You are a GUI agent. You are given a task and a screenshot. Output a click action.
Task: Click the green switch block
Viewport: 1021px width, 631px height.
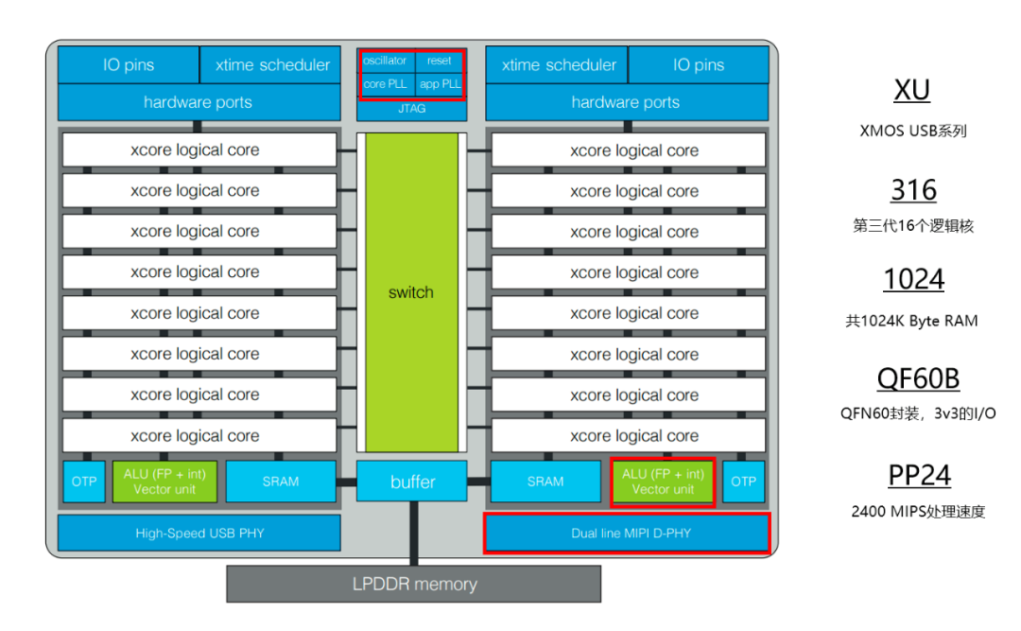(411, 292)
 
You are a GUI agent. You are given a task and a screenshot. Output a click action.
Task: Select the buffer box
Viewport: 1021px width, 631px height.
(411, 482)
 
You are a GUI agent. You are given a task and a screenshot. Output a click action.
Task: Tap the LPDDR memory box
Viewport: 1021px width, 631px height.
(413, 584)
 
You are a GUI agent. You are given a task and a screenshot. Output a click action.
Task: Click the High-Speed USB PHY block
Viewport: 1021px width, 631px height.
(199, 533)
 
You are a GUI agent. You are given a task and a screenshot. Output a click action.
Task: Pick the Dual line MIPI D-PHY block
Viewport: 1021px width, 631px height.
(627, 533)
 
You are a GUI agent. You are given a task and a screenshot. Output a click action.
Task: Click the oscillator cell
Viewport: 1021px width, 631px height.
(386, 61)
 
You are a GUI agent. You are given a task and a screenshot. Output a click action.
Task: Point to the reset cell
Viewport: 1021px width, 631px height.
(439, 61)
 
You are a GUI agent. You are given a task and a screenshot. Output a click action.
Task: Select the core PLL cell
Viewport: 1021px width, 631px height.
(386, 84)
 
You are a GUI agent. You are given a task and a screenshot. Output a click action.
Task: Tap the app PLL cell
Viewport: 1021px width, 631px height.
(440, 84)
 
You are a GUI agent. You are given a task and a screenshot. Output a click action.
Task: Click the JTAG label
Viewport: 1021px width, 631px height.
(411, 109)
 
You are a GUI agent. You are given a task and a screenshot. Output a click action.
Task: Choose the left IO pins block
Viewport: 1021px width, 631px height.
(129, 64)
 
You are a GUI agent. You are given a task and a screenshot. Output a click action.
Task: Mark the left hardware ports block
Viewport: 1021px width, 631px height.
(199, 102)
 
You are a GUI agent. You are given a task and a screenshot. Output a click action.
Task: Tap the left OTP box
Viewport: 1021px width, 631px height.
(84, 482)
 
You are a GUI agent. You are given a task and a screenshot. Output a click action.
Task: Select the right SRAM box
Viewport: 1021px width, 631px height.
(545, 482)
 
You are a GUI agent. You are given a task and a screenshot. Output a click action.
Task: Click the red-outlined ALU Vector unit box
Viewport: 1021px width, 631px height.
(663, 482)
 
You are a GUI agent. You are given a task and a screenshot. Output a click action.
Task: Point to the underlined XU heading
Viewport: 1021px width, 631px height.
(911, 90)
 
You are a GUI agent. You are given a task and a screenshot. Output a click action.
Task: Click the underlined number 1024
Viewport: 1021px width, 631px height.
(913, 279)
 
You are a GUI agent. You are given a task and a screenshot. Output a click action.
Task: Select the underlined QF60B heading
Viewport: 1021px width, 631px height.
(918, 378)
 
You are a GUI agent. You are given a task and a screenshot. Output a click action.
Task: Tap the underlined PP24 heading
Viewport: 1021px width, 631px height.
(920, 475)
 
